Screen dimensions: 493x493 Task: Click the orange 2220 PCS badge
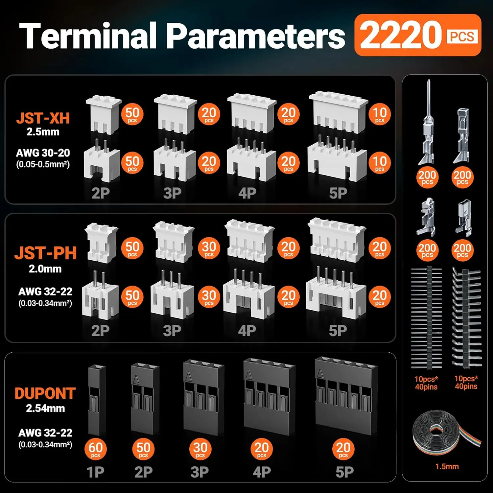click(x=417, y=35)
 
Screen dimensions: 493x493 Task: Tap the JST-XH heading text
click(x=43, y=118)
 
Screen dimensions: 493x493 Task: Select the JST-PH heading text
click(x=45, y=253)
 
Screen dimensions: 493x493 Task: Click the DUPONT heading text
click(x=45, y=393)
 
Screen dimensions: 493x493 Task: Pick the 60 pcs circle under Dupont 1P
click(x=95, y=449)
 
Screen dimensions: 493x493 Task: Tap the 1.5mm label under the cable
click(x=447, y=466)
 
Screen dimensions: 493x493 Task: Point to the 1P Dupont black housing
click(x=97, y=400)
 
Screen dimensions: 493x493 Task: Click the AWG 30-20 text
click(x=43, y=153)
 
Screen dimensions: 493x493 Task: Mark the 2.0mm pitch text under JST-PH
click(x=45, y=269)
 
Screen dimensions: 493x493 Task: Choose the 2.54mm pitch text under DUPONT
click(x=45, y=409)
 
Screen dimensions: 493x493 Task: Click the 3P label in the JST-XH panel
click(x=172, y=193)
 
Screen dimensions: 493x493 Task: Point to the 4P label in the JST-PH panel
click(x=247, y=331)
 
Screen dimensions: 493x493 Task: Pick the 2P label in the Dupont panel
click(x=143, y=472)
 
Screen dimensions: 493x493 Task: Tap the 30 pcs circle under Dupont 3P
click(x=200, y=449)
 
